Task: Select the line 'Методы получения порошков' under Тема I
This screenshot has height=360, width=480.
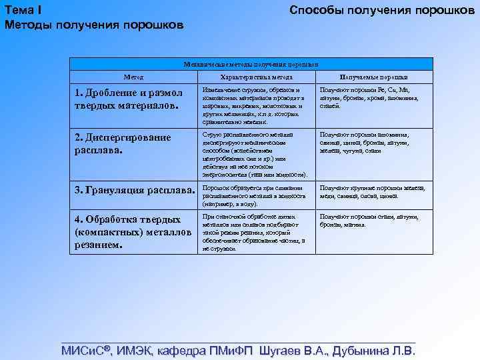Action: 93,25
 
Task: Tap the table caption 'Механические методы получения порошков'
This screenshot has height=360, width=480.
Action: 251,64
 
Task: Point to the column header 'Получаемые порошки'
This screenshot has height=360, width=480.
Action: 375,77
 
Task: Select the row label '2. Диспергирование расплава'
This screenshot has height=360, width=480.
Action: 123,143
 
